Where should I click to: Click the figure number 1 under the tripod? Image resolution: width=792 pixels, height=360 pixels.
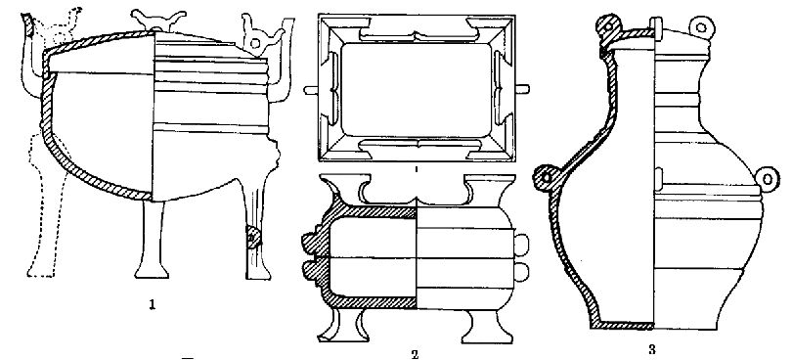click(x=152, y=305)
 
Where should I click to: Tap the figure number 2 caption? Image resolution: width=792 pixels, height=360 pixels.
click(x=415, y=354)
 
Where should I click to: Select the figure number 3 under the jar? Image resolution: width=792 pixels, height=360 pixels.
click(x=651, y=349)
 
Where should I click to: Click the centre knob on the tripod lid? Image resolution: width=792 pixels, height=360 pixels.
click(x=154, y=22)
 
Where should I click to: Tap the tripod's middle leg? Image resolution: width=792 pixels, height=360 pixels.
click(x=152, y=239)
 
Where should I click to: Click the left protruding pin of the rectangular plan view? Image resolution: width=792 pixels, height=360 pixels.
click(x=312, y=90)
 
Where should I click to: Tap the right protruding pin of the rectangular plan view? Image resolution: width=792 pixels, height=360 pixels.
click(x=522, y=89)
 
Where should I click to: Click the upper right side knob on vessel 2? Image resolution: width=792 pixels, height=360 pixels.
click(x=522, y=245)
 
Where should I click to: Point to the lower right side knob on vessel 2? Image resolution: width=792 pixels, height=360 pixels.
click(x=522, y=273)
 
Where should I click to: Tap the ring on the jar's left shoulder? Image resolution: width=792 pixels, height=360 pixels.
click(x=546, y=177)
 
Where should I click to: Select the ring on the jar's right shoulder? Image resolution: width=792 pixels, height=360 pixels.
click(x=769, y=179)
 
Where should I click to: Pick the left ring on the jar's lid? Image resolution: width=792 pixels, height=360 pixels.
click(x=608, y=24)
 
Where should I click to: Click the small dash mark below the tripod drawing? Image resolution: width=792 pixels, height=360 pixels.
click(x=188, y=357)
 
